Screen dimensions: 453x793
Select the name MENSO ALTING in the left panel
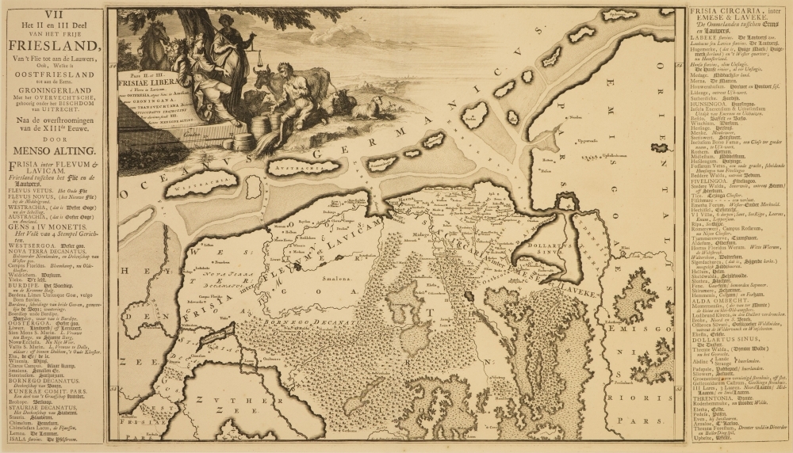coord(53,150)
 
